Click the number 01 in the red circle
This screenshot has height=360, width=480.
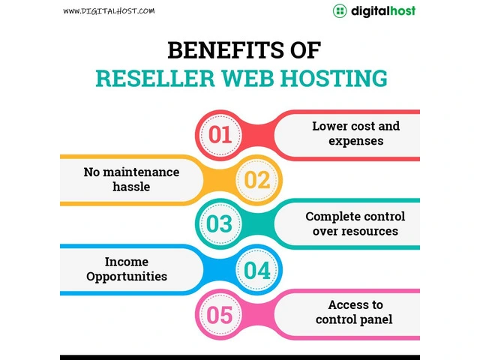220,135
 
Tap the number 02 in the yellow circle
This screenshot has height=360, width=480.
256,180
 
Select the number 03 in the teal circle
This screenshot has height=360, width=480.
220,224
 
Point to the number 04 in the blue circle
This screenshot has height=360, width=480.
256,269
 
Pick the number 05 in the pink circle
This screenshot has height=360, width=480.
220,314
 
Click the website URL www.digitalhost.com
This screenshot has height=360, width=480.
109,11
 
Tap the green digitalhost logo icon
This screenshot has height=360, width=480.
340,11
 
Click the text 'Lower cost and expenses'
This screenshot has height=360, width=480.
355,133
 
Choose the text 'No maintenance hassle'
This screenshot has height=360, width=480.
131,179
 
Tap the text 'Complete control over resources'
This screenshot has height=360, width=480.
355,223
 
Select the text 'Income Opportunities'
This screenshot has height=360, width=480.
126,268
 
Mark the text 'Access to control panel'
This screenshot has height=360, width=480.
355,313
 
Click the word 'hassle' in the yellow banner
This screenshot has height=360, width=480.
131,187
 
